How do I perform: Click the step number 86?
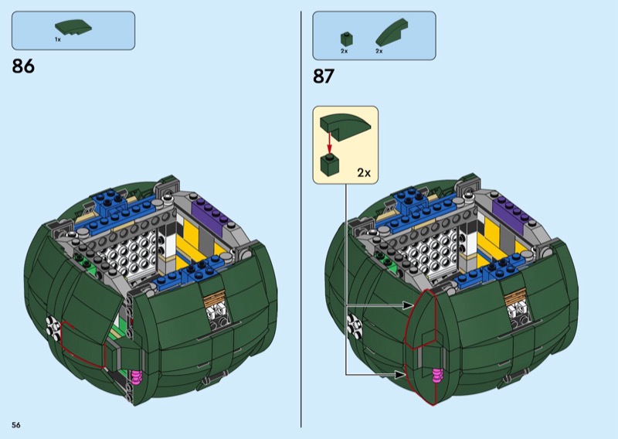click(23, 66)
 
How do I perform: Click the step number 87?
click(324, 76)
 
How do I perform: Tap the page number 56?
click(16, 425)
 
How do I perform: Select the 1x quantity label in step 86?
click(58, 39)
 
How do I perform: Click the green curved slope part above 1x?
click(73, 27)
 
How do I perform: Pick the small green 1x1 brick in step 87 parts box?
click(346, 39)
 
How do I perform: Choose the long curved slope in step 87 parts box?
click(392, 32)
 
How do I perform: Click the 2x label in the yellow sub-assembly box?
click(364, 173)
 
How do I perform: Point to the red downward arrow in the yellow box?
click(330, 143)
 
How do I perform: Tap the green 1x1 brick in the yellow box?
click(330, 163)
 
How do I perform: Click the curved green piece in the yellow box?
click(345, 127)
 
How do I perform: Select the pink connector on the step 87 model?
click(437, 376)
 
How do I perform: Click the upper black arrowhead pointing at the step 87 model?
click(408, 305)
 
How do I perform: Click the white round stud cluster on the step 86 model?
click(53, 327)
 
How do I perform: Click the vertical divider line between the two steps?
click(301, 219)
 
